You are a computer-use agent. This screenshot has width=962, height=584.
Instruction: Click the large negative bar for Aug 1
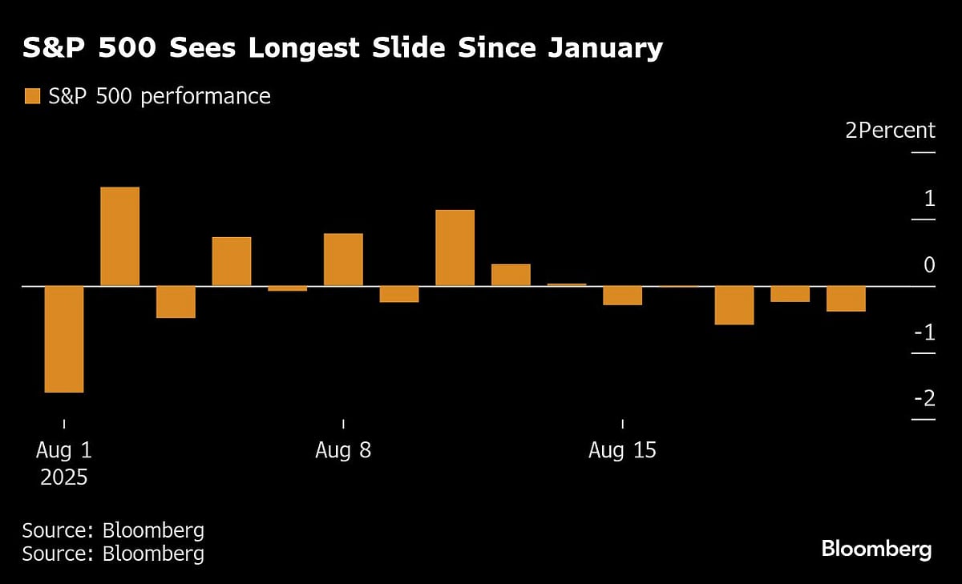64,339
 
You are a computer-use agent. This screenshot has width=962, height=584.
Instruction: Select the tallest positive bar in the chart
119,236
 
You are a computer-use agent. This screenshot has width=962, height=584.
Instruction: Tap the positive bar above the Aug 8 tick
343,260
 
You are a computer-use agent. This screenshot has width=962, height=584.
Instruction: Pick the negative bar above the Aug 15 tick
623,296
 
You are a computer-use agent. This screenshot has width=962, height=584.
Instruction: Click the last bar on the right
846,298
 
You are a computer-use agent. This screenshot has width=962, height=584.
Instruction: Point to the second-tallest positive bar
455,248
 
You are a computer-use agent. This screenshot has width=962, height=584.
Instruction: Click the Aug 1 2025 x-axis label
63,464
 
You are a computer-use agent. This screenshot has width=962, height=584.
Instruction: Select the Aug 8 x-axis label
343,450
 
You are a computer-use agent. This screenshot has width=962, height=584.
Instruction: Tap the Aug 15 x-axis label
622,450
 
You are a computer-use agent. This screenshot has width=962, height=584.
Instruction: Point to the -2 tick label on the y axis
924,398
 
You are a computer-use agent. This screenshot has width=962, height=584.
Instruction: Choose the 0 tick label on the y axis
929,264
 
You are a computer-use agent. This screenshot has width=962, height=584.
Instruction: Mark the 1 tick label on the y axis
929,198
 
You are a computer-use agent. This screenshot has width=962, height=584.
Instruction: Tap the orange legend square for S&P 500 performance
32,97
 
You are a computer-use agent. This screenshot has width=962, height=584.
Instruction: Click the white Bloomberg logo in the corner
876,550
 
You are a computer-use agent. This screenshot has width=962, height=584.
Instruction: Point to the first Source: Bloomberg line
113,530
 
